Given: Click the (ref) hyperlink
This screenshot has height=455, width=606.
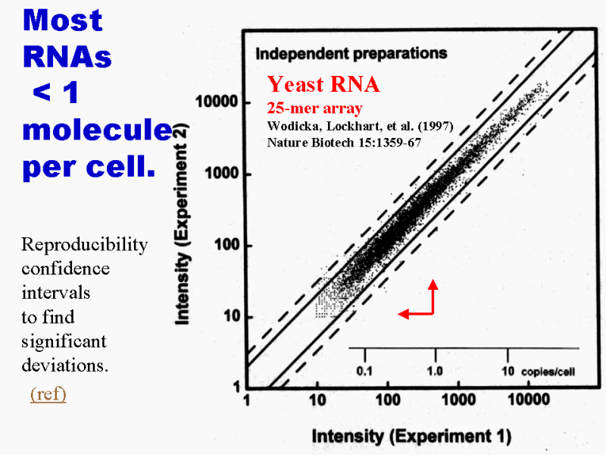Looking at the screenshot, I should coord(48,394).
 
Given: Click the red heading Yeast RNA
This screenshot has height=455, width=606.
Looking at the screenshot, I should coord(323,84).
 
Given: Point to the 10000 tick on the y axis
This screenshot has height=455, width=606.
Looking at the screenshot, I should coord(217,102).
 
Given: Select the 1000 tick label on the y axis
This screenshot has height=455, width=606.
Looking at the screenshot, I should coord(220,174).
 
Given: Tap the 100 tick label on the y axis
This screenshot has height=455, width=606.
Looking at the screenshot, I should coord(224,246).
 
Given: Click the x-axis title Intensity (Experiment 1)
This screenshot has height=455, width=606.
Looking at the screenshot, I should coord(411,436).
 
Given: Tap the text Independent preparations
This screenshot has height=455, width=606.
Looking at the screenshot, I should coord(351,54).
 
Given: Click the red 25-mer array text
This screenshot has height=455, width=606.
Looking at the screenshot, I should coord(314,108).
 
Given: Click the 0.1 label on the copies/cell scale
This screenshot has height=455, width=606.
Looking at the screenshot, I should coord(365,372).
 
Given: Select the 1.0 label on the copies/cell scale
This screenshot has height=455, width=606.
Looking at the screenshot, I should coord(435,372).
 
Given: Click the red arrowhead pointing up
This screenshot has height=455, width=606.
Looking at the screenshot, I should coord(433,286).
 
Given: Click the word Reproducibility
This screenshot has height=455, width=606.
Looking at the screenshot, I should coord(85,244).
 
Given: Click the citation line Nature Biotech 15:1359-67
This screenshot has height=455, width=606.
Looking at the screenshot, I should coord(344,141).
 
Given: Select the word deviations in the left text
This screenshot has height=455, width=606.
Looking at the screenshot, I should coord(65,366).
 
